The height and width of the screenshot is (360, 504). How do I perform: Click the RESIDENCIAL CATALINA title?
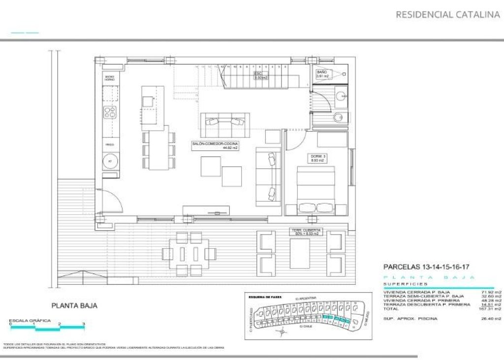pos(447,15)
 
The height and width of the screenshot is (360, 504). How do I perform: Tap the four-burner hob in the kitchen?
pos(110,112)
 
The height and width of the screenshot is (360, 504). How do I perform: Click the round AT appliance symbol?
pos(110,161)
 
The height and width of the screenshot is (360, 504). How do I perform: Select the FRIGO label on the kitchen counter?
pos(110,144)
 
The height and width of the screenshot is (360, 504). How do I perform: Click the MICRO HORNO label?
pos(109,78)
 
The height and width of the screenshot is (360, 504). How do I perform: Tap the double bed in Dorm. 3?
pos(316,191)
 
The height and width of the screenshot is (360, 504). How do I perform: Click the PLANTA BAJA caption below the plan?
pos(74,305)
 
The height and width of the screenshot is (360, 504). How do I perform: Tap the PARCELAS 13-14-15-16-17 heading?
pos(426,267)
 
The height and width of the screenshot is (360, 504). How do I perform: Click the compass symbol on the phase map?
pos(281,332)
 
